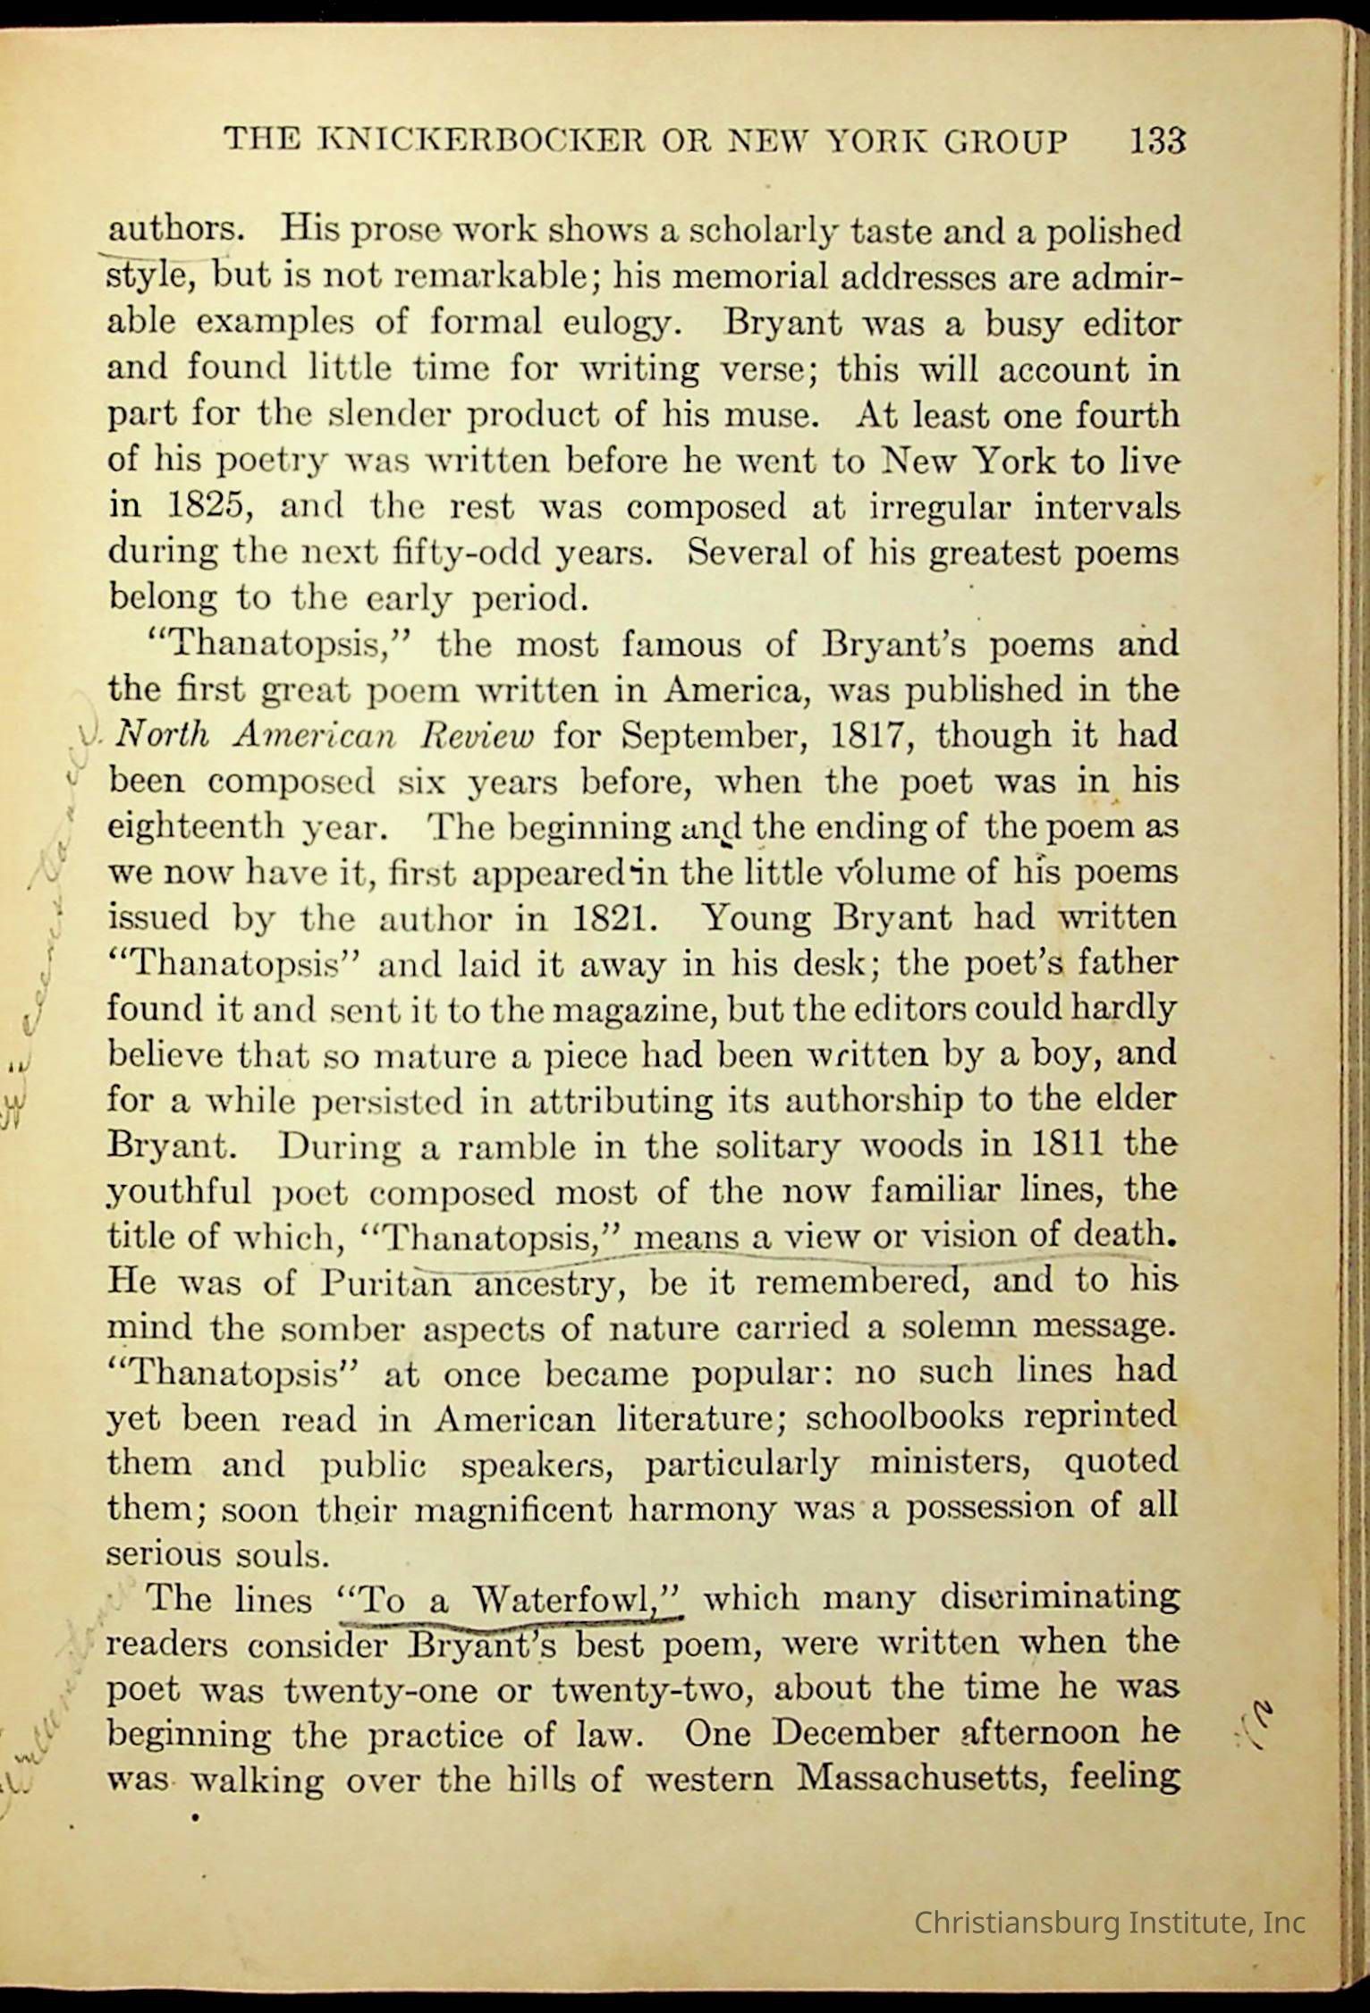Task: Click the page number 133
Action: point(1158,141)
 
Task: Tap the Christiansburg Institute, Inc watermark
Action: point(1109,1923)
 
